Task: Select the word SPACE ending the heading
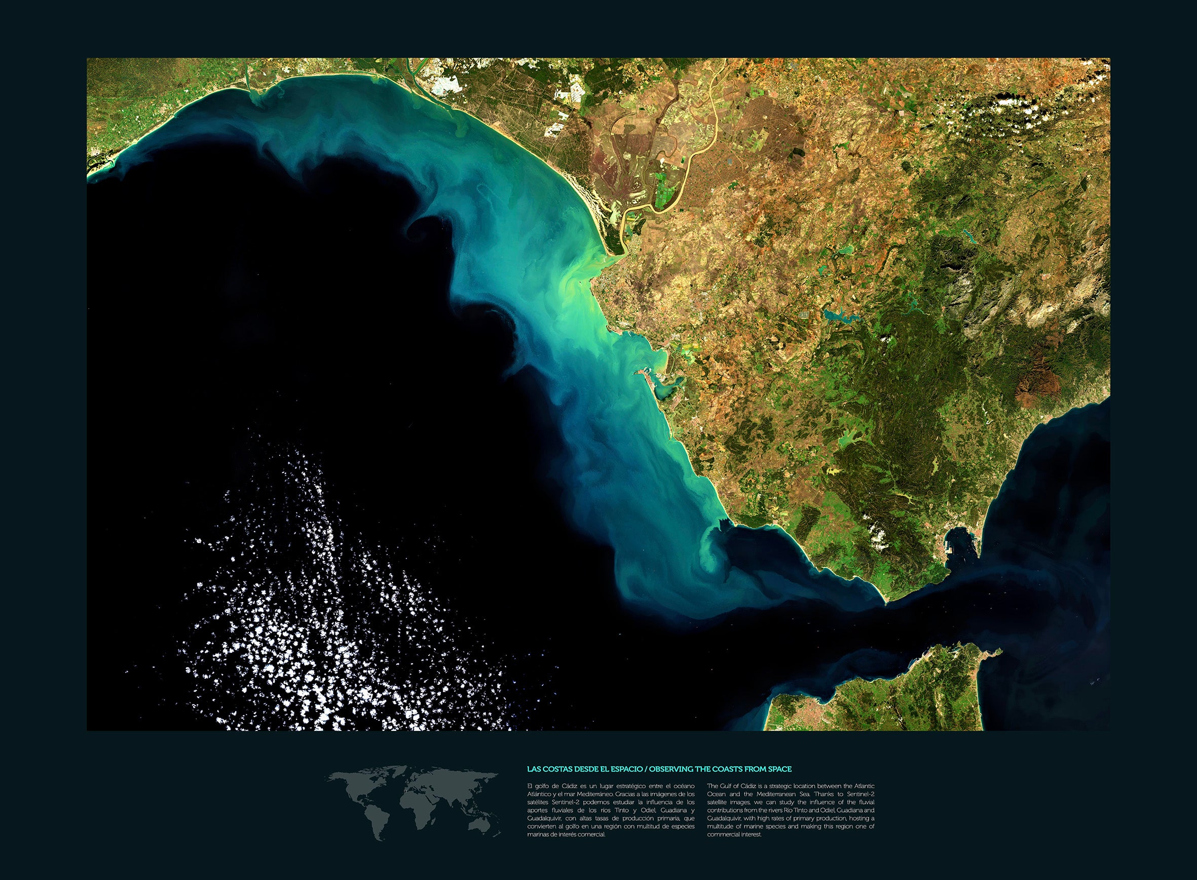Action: tap(780, 768)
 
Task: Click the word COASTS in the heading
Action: tap(725, 768)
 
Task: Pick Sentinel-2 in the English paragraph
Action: tap(862, 794)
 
